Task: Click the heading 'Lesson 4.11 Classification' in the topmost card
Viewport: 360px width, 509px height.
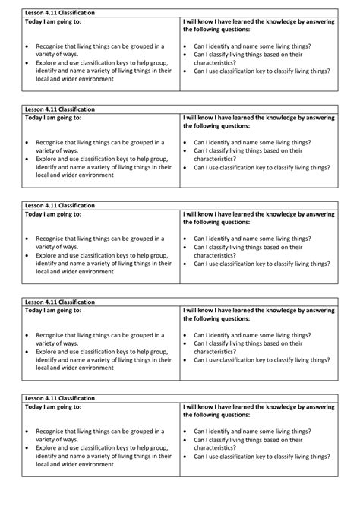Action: [60, 13]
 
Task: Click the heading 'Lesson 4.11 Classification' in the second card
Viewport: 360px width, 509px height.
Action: [60, 109]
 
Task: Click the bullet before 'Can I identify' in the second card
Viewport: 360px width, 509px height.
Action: [186, 142]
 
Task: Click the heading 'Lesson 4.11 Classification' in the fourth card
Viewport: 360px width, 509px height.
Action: [60, 302]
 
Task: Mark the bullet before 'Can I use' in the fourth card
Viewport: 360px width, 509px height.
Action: [186, 359]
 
